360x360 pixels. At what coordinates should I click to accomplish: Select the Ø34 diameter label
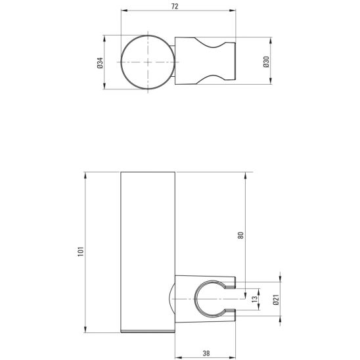point(99,62)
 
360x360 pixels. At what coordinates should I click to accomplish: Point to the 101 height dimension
point(80,252)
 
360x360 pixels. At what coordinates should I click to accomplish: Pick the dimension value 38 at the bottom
point(206,353)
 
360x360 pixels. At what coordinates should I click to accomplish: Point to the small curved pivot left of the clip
point(172,298)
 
